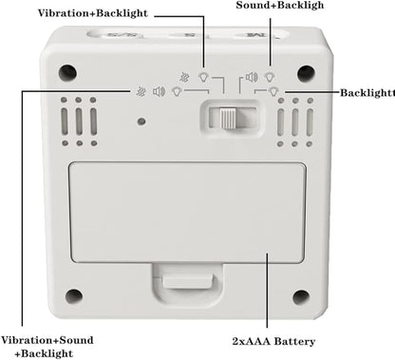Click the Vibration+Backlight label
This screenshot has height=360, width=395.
(93, 13)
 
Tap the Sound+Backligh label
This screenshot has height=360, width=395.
(280, 5)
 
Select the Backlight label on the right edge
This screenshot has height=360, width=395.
(367, 93)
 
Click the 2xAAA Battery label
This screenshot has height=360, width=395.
(273, 341)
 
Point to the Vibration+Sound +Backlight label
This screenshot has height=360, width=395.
(47, 347)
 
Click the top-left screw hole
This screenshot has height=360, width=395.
(67, 73)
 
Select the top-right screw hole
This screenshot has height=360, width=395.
(306, 73)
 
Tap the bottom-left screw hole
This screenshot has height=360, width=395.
(74, 296)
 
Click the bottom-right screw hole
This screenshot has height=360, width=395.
(301, 297)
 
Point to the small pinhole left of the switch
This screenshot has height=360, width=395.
(141, 122)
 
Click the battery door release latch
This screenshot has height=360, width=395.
(187, 281)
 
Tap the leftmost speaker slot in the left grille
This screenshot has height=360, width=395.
(65, 122)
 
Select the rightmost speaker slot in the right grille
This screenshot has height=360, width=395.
(310, 123)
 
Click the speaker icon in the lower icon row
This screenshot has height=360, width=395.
(159, 92)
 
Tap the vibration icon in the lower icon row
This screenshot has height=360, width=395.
(141, 92)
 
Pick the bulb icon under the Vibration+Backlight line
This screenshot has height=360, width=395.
(204, 77)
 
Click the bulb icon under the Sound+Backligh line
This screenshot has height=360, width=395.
(270, 77)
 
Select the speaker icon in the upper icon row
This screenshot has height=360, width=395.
(252, 77)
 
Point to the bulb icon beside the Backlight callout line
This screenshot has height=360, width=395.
(273, 92)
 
